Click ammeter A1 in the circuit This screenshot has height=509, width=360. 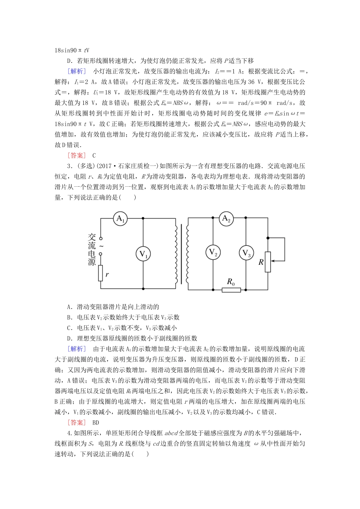[x=121, y=219]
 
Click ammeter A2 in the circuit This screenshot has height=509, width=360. [x=226, y=219]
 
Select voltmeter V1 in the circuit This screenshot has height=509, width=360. [x=143, y=254]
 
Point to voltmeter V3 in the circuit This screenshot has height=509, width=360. [x=246, y=253]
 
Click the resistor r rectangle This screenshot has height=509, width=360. [x=101, y=273]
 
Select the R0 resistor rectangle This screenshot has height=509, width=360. [x=231, y=290]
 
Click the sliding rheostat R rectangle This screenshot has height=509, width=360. [x=268, y=262]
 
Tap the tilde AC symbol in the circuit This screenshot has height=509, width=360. [x=101, y=246]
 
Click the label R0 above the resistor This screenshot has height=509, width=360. [x=231, y=282]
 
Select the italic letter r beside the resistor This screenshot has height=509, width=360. [x=107, y=274]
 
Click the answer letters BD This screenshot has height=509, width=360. [x=95, y=423]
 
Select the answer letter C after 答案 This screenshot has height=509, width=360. [x=94, y=156]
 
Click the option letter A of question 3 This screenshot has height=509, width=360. [x=69, y=307]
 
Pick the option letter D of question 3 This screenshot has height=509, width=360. [x=69, y=339]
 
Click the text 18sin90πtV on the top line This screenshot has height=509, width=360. [x=72, y=50]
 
